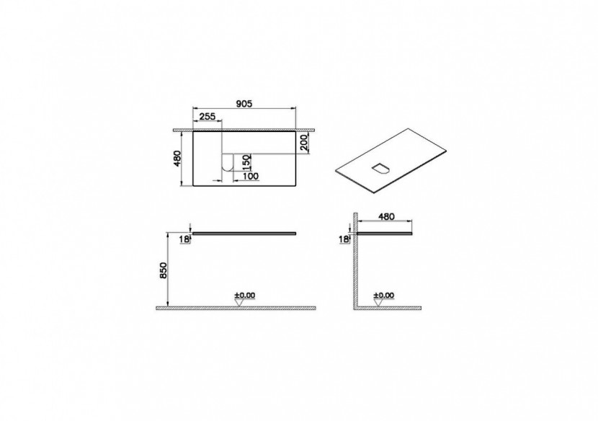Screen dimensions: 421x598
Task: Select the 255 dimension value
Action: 207,117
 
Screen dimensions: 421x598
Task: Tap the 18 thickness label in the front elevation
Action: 184,239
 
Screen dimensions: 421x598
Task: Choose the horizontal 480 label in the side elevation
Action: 387,215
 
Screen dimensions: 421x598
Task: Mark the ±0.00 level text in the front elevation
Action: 244,295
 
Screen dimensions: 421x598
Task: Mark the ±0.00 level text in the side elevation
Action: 383,295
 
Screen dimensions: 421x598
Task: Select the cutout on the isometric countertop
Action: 380,169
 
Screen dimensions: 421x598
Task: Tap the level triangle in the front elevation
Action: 238,303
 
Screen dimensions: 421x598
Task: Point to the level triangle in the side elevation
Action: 378,303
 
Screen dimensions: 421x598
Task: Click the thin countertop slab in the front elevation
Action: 245,233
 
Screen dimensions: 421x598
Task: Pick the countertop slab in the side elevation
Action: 385,233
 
